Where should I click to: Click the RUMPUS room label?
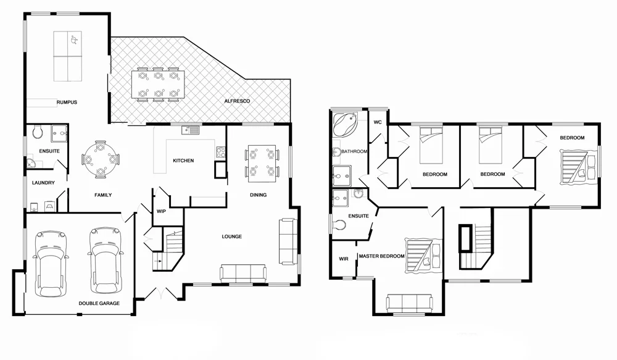(67, 102)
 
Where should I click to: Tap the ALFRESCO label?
(236, 101)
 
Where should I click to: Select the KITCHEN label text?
(183, 161)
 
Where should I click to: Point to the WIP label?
(161, 211)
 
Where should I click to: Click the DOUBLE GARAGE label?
(99, 303)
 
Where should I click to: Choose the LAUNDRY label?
(44, 183)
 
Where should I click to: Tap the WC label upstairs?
(378, 122)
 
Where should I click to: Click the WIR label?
(344, 259)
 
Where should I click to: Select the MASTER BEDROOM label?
(382, 256)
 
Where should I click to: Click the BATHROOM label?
(355, 151)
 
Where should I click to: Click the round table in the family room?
(99, 159)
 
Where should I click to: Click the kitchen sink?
(189, 130)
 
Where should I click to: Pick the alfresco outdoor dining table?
(157, 85)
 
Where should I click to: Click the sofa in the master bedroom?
(408, 303)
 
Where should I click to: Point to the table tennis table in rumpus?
(68, 56)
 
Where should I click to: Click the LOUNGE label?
(231, 237)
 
